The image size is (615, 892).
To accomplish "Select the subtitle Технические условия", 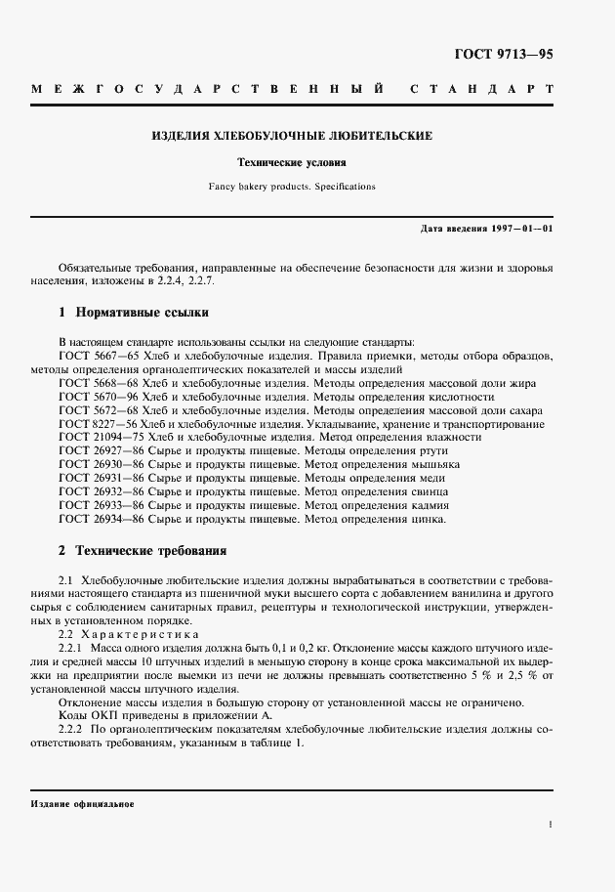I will point(292,162).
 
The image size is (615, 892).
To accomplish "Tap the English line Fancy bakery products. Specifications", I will point(292,186).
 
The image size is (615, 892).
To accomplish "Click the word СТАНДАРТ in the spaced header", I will point(481,89).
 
